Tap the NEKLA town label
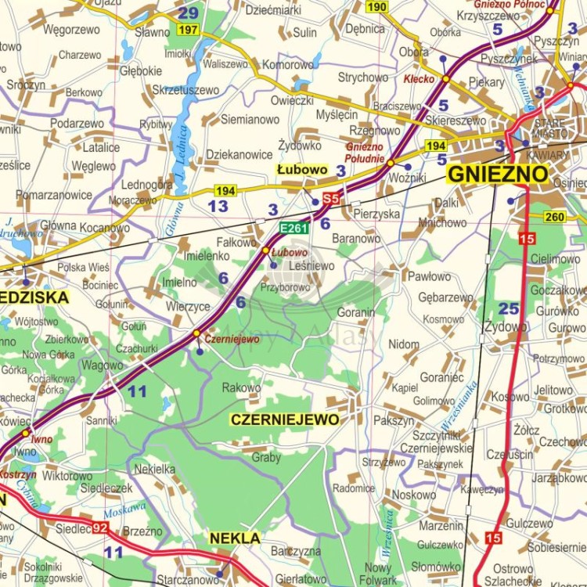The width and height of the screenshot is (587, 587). point(235,538)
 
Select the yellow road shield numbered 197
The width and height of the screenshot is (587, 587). point(188,30)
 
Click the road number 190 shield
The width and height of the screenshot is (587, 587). point(377,7)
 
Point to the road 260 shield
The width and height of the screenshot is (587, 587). point(555,217)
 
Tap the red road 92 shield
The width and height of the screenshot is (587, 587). point(99,528)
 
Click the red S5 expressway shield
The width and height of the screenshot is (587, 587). point(331,200)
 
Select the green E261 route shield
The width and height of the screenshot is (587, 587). point(294,228)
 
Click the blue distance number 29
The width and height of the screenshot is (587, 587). point(188,13)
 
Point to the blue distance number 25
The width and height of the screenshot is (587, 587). point(509,308)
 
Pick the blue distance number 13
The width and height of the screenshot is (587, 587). point(218,206)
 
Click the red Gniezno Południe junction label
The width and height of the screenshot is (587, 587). point(365,152)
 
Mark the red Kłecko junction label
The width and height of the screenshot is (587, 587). point(419,79)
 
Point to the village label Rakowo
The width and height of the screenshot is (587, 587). point(241,387)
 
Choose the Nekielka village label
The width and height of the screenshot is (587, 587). point(155,469)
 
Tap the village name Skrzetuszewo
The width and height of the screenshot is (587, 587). point(185,90)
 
